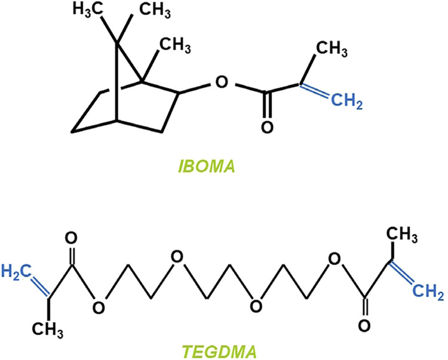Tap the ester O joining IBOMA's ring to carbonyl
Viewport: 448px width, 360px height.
point(220,80)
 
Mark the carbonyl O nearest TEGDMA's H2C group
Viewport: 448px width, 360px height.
point(73,238)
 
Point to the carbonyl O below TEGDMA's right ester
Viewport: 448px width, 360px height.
point(364,326)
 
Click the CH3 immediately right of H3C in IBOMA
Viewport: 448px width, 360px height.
point(147,10)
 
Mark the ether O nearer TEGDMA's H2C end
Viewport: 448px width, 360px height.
point(175,258)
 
